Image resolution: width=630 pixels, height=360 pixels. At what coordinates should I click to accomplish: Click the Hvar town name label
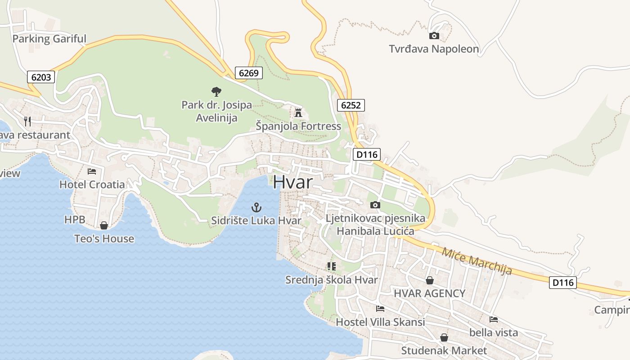point(292,182)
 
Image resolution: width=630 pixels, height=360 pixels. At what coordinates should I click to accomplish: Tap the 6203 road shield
point(41,77)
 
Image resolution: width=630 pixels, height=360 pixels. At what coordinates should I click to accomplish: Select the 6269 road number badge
point(248,72)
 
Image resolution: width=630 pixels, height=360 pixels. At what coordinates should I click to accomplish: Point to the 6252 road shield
point(351,105)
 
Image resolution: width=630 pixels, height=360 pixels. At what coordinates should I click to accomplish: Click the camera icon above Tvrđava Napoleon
point(434,36)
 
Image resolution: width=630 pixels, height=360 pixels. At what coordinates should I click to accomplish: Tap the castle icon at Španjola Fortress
point(298,112)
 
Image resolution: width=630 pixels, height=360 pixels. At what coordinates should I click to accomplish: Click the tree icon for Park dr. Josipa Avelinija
point(216,92)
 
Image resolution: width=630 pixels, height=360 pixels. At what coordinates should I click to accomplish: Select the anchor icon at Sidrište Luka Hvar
point(256,207)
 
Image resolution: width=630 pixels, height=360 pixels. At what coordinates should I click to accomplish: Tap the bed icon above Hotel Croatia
point(92,171)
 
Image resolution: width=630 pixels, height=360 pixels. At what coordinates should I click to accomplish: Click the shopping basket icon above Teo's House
point(104,225)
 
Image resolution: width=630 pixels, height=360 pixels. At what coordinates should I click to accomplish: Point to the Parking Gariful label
point(49,39)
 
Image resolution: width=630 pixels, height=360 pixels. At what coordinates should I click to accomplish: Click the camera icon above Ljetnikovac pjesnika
point(375,205)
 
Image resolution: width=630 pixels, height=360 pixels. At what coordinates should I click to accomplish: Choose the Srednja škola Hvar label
point(332,279)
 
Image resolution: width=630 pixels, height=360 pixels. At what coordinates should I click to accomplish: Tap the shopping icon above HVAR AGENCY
point(430,280)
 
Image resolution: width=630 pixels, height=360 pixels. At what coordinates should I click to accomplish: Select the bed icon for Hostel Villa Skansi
point(380,309)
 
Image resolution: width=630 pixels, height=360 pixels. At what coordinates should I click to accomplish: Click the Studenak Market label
point(444,350)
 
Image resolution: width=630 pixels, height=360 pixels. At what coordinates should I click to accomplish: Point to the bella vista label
point(494,333)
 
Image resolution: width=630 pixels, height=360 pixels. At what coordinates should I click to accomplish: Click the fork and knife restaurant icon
point(27,121)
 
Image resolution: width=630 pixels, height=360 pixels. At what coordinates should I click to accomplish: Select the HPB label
point(74,220)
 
